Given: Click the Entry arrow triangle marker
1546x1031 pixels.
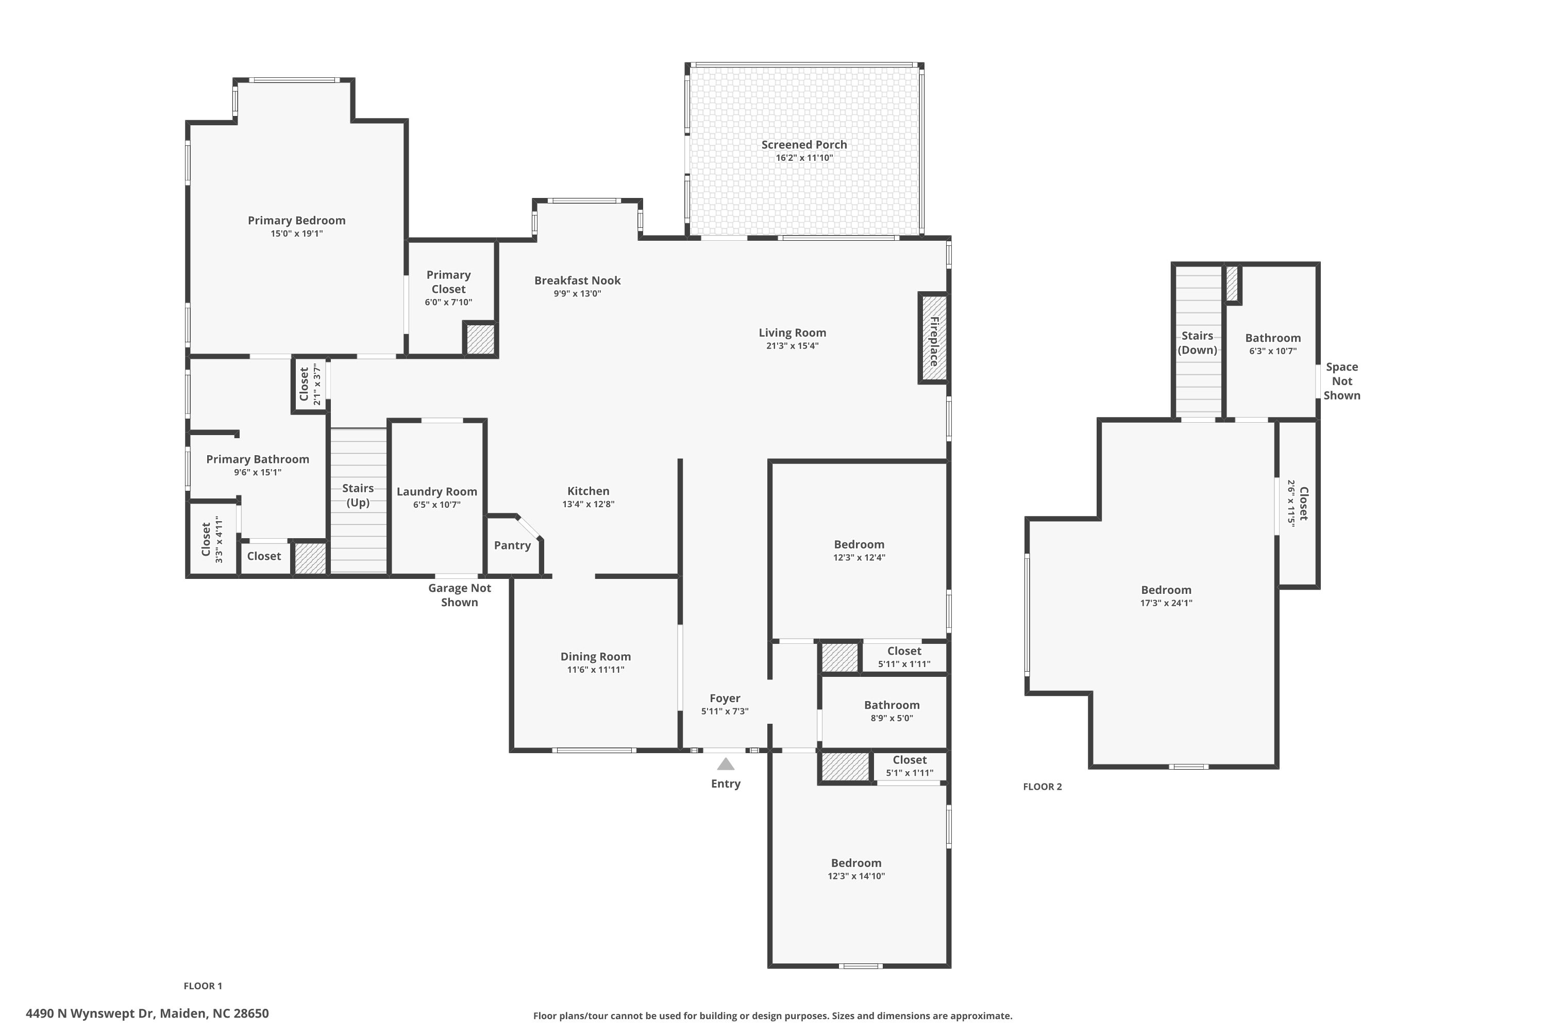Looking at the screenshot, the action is [x=725, y=764].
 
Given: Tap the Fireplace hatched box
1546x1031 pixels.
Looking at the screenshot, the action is [x=933, y=338].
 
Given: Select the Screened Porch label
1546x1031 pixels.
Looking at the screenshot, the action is [x=804, y=145].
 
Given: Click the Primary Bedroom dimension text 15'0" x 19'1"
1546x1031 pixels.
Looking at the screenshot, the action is [x=296, y=234].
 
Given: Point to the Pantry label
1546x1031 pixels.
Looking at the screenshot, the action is [x=512, y=545].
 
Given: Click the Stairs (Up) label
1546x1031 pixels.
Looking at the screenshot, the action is [x=358, y=495].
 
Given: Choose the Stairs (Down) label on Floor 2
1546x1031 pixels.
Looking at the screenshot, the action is [x=1197, y=343].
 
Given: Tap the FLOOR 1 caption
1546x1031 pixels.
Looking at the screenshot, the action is [x=203, y=986].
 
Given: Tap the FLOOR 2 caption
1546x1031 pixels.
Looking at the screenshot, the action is [x=1042, y=787].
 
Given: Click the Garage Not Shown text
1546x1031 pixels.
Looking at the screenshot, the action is [x=460, y=595].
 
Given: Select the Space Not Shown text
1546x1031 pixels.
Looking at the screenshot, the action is [x=1341, y=381].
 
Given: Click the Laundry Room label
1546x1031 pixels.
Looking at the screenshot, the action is [x=436, y=491].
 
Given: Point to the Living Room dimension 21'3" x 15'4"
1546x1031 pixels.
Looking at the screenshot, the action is [x=792, y=346].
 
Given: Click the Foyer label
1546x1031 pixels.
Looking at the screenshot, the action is [x=725, y=699].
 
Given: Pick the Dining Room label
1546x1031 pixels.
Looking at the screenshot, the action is [x=596, y=656].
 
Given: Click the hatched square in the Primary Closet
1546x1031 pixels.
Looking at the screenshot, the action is [x=480, y=339].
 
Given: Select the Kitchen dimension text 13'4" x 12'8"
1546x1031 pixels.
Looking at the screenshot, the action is [x=589, y=504].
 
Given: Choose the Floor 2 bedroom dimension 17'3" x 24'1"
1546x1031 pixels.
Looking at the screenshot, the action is [x=1166, y=603].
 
